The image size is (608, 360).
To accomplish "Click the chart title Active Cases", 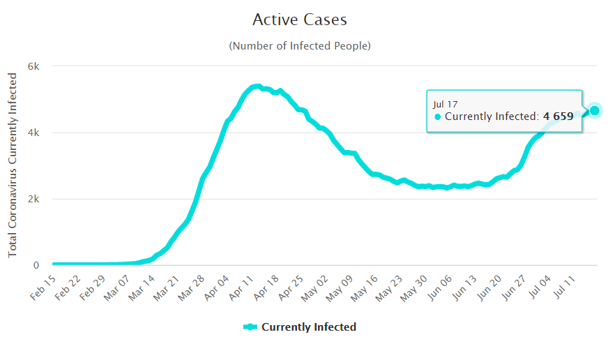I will click(x=300, y=20).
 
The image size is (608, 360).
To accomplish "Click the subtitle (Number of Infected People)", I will click(x=300, y=46).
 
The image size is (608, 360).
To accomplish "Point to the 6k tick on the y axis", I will click(x=33, y=66).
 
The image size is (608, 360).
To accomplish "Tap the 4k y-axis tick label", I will click(x=33, y=133).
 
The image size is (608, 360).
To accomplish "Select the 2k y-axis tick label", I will click(x=33, y=199).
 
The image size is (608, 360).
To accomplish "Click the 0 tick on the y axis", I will click(x=37, y=265).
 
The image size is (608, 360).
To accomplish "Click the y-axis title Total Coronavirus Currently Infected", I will click(x=13, y=166).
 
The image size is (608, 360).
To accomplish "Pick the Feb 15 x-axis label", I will click(x=43, y=287).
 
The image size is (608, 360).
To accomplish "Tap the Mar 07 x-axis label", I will click(x=116, y=287).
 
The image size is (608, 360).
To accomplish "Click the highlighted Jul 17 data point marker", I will click(x=594, y=110).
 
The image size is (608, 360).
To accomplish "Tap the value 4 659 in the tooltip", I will click(x=558, y=117).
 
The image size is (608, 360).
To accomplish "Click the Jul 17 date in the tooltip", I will click(x=445, y=104).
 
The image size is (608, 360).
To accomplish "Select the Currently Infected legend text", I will click(x=308, y=327).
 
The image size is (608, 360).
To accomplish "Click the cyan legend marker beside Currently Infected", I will click(x=250, y=327).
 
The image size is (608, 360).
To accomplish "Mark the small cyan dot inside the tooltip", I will click(x=438, y=117).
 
